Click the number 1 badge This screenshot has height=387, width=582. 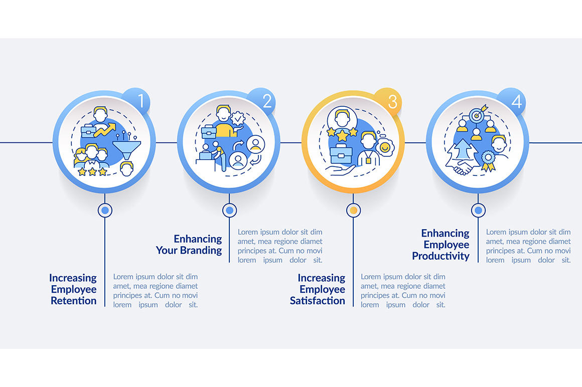click(x=137, y=101)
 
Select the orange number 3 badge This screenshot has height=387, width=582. click(x=387, y=101)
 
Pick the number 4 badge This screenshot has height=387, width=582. click(x=512, y=101)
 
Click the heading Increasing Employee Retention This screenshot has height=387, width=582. click(x=73, y=289)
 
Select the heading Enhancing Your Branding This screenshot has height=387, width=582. click(x=189, y=244)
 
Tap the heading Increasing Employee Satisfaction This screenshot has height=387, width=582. click(x=318, y=289)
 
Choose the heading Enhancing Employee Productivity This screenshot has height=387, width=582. click(x=441, y=244)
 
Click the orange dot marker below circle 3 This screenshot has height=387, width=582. click(x=353, y=210)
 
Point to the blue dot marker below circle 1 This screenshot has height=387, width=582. click(x=105, y=210)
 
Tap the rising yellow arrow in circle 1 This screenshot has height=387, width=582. click(x=105, y=130)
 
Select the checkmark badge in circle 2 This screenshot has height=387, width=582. click(x=237, y=119)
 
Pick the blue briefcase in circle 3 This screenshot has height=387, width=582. click(x=341, y=153)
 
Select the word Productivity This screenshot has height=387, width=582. click(x=441, y=256)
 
